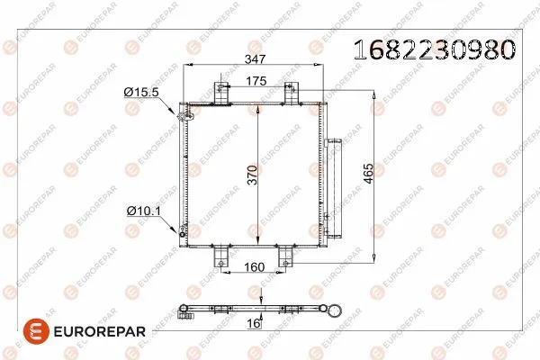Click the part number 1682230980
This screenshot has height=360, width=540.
(435, 49)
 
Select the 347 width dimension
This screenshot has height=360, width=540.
(256, 59)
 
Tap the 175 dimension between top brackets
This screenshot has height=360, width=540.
(256, 81)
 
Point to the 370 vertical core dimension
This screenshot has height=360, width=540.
(252, 175)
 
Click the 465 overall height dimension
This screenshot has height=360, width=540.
(368, 174)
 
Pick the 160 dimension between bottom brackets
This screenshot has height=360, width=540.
(254, 267)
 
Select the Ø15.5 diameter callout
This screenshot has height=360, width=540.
(141, 92)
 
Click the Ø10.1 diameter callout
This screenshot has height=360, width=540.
(144, 211)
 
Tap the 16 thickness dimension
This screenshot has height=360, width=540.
(254, 323)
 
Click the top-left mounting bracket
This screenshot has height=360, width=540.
(221, 93)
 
